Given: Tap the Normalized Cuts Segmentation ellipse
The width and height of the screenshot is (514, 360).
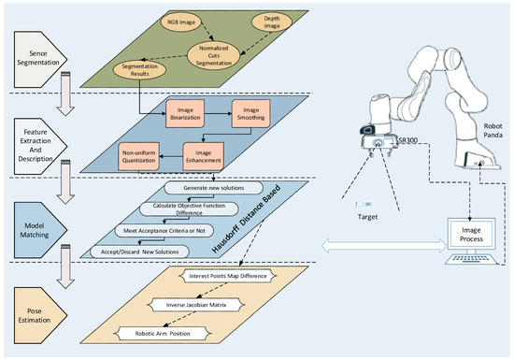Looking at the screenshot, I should pos(223,53).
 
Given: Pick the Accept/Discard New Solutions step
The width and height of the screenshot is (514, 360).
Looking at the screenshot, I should pos(136,251).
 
